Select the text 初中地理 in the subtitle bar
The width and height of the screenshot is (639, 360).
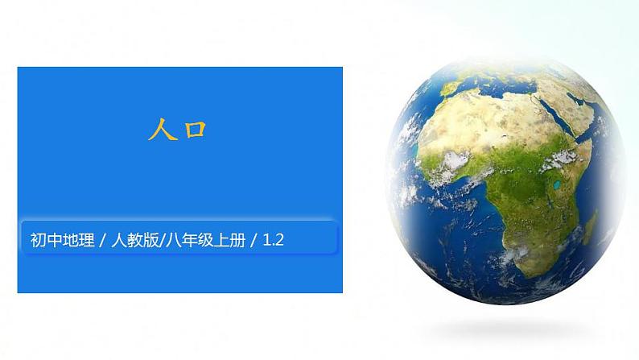click(x=59, y=239)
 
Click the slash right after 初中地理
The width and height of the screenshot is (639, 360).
click(x=99, y=239)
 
